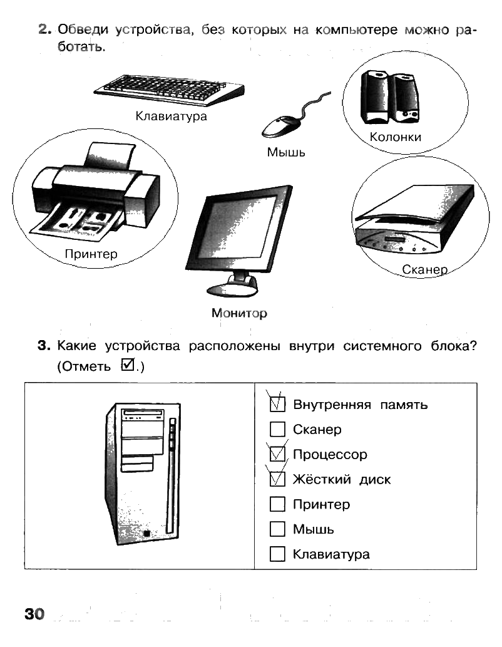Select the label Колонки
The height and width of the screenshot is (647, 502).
click(x=395, y=137)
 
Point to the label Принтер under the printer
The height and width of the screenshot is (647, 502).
click(x=91, y=254)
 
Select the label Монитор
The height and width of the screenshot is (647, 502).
click(x=239, y=313)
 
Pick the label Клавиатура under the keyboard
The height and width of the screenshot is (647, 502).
click(x=171, y=116)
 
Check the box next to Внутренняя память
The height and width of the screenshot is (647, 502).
click(x=277, y=405)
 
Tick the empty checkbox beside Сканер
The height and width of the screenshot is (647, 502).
click(x=277, y=430)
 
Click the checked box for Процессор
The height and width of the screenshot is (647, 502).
click(x=277, y=455)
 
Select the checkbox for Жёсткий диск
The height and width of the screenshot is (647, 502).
click(x=277, y=480)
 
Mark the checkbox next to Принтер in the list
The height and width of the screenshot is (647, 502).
click(x=277, y=504)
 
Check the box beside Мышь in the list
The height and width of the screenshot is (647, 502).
click(x=277, y=529)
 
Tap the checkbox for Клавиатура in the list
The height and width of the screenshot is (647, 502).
click(x=277, y=554)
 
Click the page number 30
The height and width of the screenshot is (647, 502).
click(x=34, y=613)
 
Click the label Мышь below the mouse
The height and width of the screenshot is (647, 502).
click(x=286, y=152)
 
